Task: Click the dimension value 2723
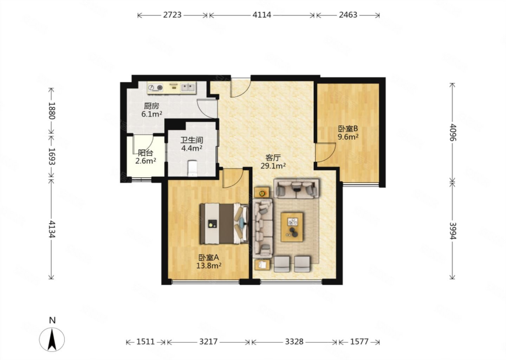[172, 15]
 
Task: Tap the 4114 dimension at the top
[262, 15]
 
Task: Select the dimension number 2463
[348, 15]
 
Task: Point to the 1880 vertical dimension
[52, 111]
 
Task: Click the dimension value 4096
[453, 133]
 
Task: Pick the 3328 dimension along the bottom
[294, 342]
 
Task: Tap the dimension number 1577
[359, 342]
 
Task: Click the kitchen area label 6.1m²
[151, 114]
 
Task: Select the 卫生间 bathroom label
[192, 140]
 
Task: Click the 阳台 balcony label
[145, 153]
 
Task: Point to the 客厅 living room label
[273, 158]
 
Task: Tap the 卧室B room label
[348, 129]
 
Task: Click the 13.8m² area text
[208, 266]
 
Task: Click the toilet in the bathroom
[192, 168]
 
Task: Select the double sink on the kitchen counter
[188, 88]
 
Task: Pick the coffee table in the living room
[292, 227]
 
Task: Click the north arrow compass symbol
[52, 340]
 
